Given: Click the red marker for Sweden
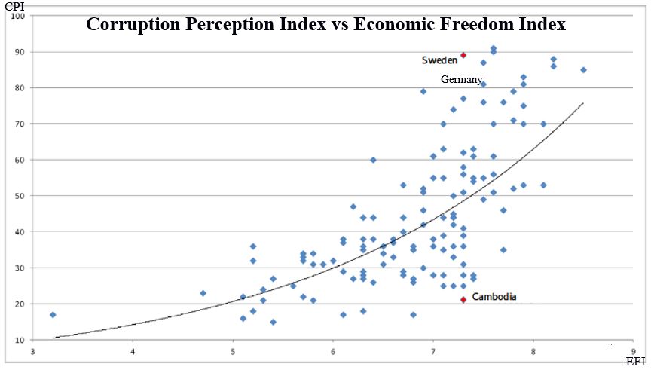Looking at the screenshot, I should pyautogui.click(x=463, y=55).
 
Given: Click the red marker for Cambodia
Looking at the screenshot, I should pyautogui.click(x=463, y=300).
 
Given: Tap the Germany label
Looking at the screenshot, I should pyautogui.click(x=461, y=79).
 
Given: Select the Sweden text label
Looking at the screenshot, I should pyautogui.click(x=439, y=60).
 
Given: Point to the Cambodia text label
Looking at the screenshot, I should pyautogui.click(x=494, y=297).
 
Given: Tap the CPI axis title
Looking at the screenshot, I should pyautogui.click(x=13, y=7).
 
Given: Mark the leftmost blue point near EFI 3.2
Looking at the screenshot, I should pyautogui.click(x=53, y=314).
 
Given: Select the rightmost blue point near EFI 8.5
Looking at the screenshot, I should pyautogui.click(x=583, y=70).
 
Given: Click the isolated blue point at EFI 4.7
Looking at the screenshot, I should pyautogui.click(x=203, y=293).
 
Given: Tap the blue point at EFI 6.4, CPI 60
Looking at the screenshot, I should pyautogui.click(x=373, y=160).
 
